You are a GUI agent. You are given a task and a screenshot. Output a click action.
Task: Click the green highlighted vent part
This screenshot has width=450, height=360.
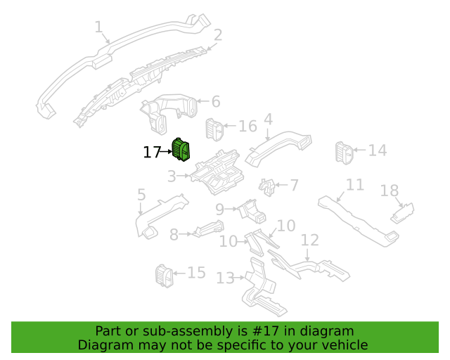(181, 150)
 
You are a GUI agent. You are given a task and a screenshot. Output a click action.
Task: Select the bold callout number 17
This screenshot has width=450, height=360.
(152, 152)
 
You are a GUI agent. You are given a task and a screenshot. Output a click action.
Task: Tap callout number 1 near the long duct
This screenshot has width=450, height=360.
(98, 27)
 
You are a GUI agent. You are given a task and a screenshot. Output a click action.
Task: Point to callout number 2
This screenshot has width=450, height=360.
(218, 35)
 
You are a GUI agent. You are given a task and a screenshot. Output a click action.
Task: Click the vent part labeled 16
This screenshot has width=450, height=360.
(214, 130)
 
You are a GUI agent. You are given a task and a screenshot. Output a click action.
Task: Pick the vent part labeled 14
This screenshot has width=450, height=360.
(345, 153)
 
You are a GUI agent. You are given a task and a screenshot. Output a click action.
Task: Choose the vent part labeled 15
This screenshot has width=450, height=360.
(165, 276)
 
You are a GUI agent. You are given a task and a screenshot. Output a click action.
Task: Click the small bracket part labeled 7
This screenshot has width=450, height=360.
(267, 188)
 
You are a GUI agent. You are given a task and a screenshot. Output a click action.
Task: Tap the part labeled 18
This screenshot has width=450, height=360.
(402, 213)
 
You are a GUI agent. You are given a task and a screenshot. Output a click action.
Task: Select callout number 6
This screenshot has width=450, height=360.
(216, 102)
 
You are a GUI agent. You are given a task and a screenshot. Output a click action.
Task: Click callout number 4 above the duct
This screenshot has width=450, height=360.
(268, 119)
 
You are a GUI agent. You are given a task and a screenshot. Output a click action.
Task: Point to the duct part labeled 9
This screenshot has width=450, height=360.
(252, 212)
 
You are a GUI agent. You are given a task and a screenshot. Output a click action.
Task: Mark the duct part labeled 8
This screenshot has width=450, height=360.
(209, 229)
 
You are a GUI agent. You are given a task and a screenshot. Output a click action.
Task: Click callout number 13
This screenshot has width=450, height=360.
(225, 278)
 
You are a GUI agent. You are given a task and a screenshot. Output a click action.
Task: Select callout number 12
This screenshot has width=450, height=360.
(310, 240)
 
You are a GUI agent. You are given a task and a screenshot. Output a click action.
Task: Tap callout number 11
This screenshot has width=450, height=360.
(355, 185)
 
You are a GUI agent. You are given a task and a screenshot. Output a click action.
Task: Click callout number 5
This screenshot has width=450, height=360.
(141, 195)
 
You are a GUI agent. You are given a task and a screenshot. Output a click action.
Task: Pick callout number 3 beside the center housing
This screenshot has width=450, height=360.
(172, 176)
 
